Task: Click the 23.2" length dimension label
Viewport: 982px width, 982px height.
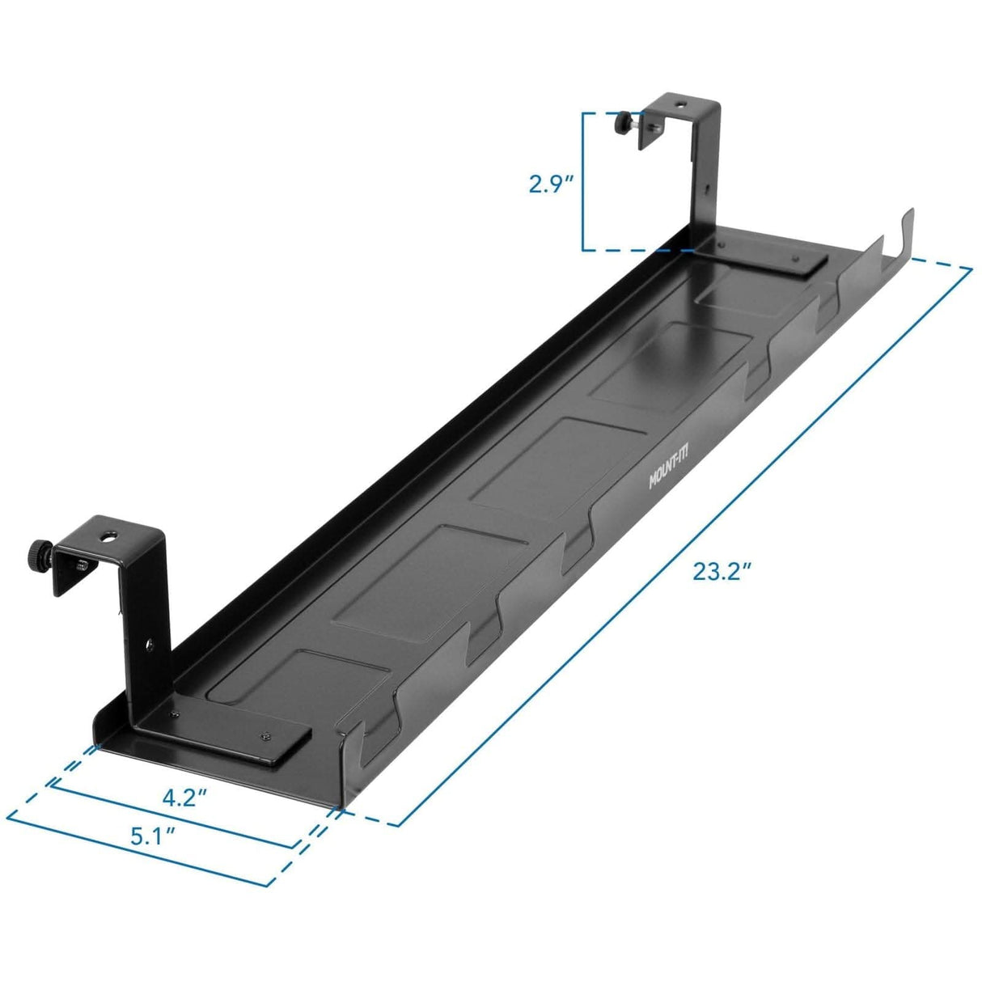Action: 722,572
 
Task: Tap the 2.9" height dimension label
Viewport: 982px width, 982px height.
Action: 551,184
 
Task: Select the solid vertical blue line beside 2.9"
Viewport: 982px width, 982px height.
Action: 583,182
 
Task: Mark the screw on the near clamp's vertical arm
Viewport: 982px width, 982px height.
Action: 148,645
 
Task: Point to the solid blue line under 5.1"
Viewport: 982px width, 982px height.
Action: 138,854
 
